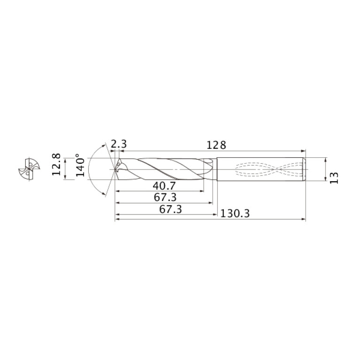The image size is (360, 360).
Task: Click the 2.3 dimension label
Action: (119, 144)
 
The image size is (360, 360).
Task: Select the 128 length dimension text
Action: (216, 145)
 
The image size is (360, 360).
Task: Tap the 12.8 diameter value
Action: (56, 164)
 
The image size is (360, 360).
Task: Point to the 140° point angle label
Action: (80, 165)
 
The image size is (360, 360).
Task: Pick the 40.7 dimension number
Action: (164, 186)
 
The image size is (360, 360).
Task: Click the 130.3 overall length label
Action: (235, 214)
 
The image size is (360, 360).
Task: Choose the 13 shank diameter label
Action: (334, 177)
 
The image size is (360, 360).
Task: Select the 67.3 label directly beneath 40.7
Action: (165, 197)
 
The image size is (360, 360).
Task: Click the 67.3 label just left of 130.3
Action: (170, 209)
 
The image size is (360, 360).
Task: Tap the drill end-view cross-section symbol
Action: (29, 169)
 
